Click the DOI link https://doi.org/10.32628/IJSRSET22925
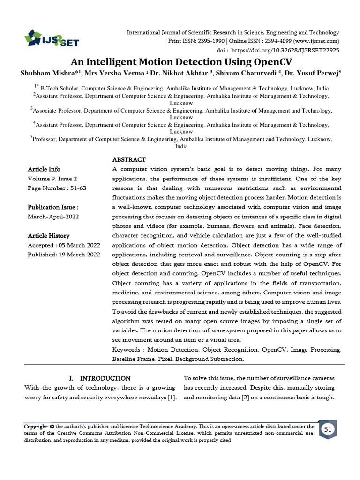coord(285,50)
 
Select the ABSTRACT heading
coord(129,160)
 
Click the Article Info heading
coord(44,169)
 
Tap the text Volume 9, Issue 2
coord(52,179)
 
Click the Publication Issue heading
coord(53,207)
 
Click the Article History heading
coord(49,236)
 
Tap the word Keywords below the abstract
coord(127,350)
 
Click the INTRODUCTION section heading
coord(105,378)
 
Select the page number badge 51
coord(328,429)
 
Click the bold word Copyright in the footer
coord(37,427)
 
